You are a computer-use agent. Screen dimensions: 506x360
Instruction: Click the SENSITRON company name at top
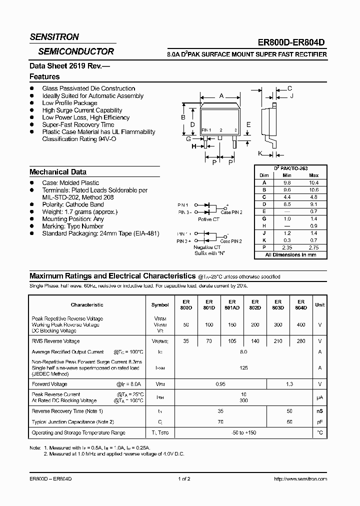point(54,37)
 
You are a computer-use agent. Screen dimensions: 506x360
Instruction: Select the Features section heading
point(44,77)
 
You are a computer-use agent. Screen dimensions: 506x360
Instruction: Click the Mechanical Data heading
point(58,172)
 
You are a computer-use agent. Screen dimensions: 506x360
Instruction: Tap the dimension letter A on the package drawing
point(221,96)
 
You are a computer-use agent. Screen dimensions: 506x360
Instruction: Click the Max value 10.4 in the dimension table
point(313,182)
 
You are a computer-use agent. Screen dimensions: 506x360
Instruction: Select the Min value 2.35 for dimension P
point(286,247)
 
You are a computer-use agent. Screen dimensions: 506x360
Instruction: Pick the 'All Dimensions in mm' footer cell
point(290,255)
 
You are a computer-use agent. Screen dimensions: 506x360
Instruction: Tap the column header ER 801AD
point(231,304)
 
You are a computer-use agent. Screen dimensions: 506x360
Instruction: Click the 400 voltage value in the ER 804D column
point(301,324)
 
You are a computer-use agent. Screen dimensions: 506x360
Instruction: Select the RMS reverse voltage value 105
point(231,341)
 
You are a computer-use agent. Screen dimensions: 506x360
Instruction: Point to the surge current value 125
point(243,368)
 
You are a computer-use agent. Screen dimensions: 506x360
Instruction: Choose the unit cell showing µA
point(319,397)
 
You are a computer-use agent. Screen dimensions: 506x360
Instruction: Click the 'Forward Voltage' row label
point(49,384)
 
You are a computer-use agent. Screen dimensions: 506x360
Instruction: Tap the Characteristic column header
point(87,304)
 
